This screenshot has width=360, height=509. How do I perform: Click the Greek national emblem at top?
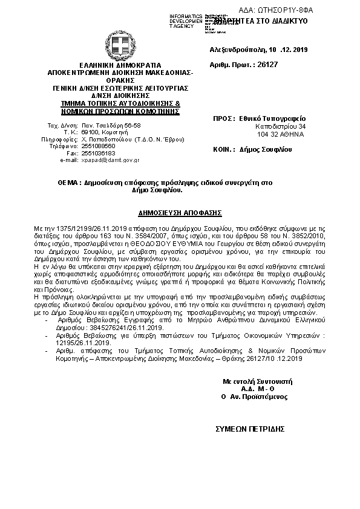pyautogui.click(x=117, y=44)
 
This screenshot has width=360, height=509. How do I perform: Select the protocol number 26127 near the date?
pyautogui.click(x=267, y=63)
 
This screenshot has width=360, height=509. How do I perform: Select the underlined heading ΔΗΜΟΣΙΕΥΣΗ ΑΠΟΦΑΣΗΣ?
pyautogui.click(x=179, y=213)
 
